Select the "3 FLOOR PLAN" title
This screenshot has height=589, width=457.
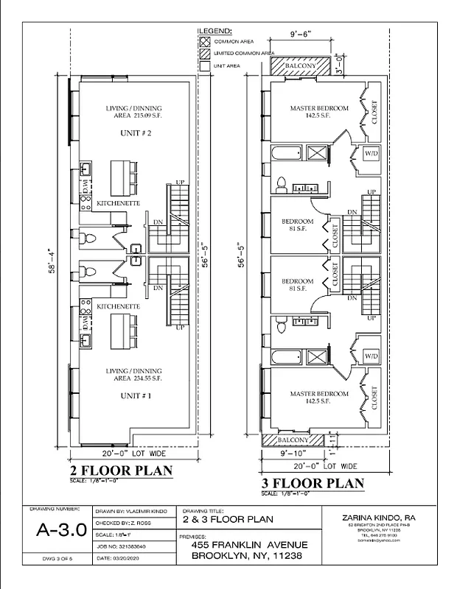click(x=313, y=483)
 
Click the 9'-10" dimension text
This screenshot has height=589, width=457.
click(x=276, y=454)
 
